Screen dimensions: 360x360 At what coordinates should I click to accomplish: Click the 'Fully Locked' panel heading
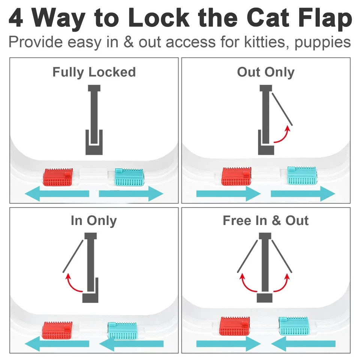point(94,72)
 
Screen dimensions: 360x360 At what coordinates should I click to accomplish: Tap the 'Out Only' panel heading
point(265,72)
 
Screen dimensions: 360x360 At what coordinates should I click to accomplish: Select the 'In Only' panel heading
point(94,220)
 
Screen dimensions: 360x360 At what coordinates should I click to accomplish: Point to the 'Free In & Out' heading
point(265,220)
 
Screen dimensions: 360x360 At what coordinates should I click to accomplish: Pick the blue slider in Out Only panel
point(302,175)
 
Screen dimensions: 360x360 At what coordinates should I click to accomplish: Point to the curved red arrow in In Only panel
point(74,283)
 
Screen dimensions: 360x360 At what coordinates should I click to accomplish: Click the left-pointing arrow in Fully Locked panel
point(57,194)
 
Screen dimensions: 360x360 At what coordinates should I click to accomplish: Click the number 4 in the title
point(16,18)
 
